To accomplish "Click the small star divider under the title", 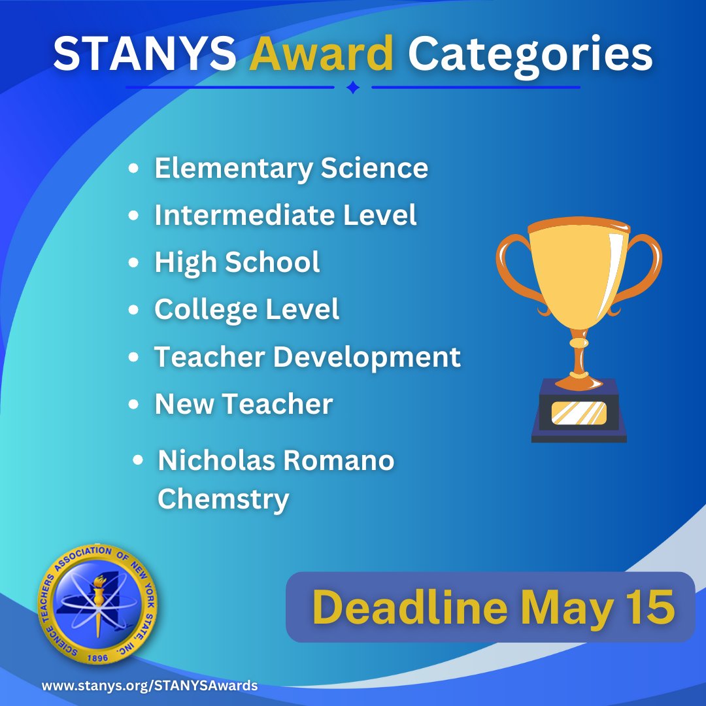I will pyautogui.click(x=352, y=87).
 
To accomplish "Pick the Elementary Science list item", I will pyautogui.click(x=291, y=168).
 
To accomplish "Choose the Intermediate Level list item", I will pyautogui.click(x=285, y=215).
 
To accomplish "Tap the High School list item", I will pyautogui.click(x=237, y=262).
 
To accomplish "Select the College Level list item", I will pyautogui.click(x=246, y=309).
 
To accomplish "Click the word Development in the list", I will pyautogui.click(x=367, y=357).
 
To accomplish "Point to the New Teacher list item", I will pyautogui.click(x=243, y=404).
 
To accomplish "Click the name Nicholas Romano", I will pyautogui.click(x=276, y=461).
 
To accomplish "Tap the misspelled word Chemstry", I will pyautogui.click(x=223, y=499).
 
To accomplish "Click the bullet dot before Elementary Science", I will pyautogui.click(x=134, y=169).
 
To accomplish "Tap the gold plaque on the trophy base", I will pyautogui.click(x=579, y=412).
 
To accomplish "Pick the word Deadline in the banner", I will pyautogui.click(x=410, y=607).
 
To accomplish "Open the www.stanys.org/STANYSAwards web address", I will pyautogui.click(x=150, y=686).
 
